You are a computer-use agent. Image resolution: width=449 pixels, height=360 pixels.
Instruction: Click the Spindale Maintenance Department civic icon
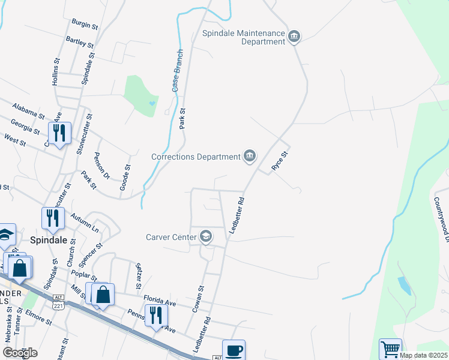coord(294,37)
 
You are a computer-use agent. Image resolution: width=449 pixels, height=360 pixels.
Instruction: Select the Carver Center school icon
coord(206,236)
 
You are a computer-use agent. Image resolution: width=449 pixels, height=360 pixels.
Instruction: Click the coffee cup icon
coord(234,350)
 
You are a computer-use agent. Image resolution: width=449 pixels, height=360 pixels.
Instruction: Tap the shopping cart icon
coord(390,349)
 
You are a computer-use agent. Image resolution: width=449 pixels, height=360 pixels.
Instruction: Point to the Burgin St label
coord(85,23)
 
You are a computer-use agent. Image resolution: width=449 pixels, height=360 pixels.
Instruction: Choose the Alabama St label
coord(28,109)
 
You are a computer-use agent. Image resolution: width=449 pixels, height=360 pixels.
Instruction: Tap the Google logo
coord(20,353)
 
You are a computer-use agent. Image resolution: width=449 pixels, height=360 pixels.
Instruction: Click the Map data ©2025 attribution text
coord(423,355)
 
